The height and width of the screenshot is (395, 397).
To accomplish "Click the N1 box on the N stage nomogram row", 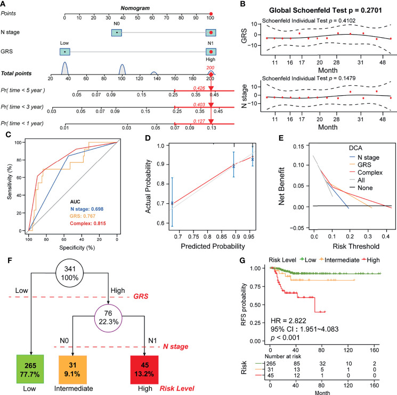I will point(211,33).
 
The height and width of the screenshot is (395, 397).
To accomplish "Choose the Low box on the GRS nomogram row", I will point(64,52).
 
